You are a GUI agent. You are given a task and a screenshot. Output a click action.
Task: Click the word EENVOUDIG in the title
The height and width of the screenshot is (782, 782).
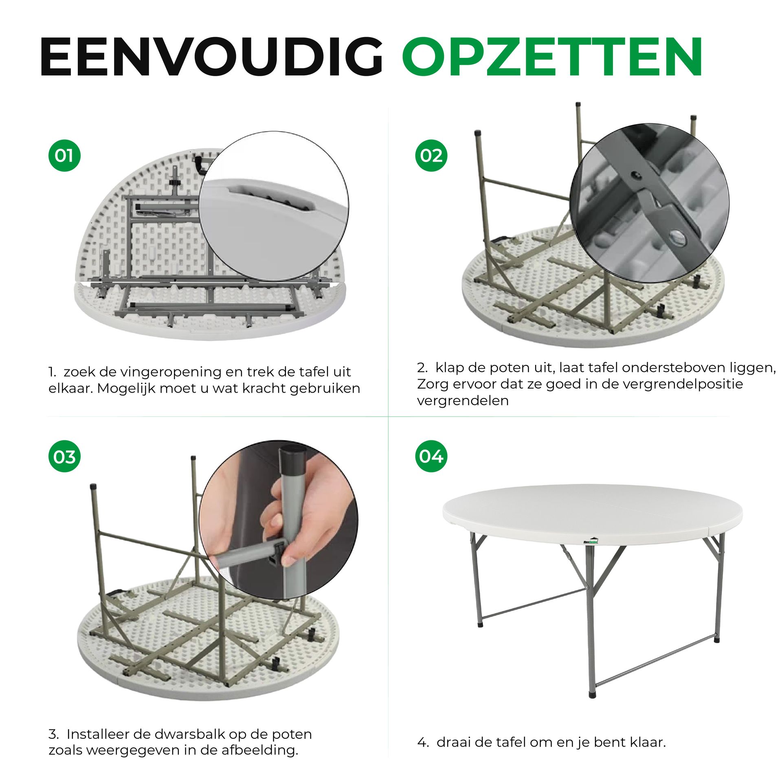pyautogui.click(x=212, y=57)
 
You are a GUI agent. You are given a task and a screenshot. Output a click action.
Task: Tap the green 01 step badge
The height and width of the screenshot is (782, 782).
pyautogui.click(x=64, y=155)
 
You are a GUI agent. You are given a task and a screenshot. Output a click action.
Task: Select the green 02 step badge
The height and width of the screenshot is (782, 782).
pyautogui.click(x=431, y=155)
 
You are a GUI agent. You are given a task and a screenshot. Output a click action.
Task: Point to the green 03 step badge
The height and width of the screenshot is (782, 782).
pyautogui.click(x=64, y=457)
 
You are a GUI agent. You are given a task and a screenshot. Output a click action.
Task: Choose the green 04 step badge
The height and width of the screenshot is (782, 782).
pyautogui.click(x=431, y=456)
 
